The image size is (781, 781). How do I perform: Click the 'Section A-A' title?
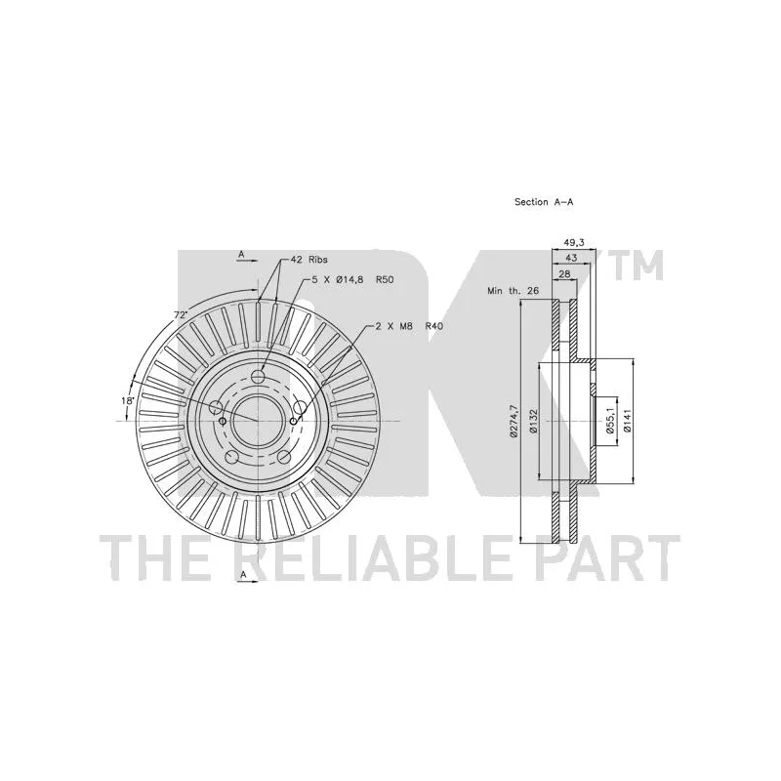click(544, 202)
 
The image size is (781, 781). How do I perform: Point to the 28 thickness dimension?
click(564, 274)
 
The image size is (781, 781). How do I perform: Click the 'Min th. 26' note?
click(514, 291)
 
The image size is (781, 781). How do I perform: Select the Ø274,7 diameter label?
click(514, 422)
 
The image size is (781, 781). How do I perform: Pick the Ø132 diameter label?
click(533, 421)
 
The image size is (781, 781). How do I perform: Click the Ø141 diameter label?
click(627, 421)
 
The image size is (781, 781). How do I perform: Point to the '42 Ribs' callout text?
click(310, 260)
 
